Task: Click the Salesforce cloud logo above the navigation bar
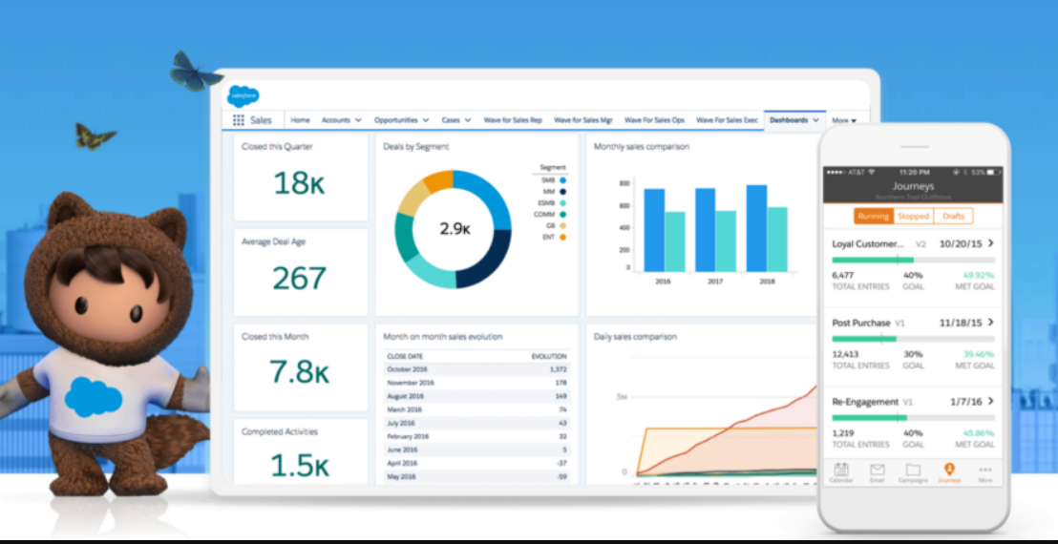tap(243, 95)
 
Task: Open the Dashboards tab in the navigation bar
tap(789, 120)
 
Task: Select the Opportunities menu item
tap(396, 120)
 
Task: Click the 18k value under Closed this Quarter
tap(299, 183)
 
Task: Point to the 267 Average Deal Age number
tap(299, 278)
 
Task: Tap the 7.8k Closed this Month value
tap(299, 371)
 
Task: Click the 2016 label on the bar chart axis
tap(664, 282)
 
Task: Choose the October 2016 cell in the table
tap(408, 368)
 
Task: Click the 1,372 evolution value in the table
tap(559, 368)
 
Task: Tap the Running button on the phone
tap(873, 217)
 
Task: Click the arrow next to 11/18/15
tap(991, 323)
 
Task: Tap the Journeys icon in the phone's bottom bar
tap(948, 471)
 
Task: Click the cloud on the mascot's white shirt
tap(94, 394)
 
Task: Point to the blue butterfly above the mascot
tap(196, 73)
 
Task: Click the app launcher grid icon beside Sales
tap(238, 120)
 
